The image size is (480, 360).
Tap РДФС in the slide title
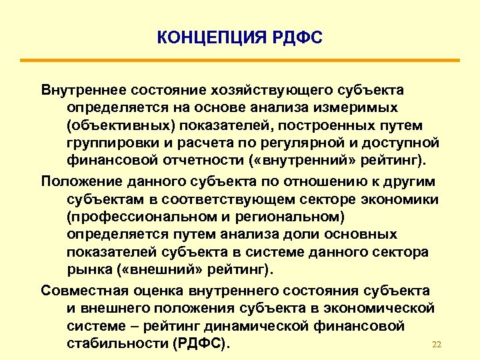tap(297, 37)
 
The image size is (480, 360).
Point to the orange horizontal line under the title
tap(240, 61)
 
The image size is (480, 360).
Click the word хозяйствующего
tap(267, 89)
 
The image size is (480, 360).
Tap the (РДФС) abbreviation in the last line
tap(201, 345)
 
